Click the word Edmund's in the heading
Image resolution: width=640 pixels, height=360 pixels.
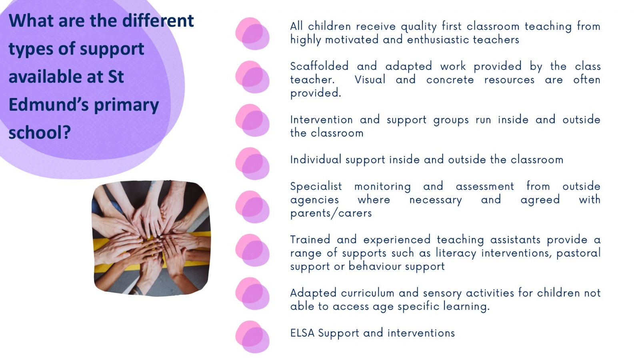[49, 104]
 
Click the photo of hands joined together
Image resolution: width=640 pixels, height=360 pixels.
[151, 238]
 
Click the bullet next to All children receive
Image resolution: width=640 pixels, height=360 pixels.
[252, 34]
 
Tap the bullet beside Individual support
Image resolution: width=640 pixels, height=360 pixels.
[252, 164]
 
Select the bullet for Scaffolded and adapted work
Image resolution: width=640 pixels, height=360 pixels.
[252, 77]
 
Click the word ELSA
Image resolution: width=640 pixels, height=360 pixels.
[302, 333]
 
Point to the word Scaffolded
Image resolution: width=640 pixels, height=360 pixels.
[320, 66]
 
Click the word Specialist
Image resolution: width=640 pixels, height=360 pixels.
[316, 186]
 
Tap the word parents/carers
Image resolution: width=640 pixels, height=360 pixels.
[331, 213]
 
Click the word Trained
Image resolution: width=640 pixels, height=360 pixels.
[310, 240]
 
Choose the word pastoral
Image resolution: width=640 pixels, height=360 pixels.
[578, 253]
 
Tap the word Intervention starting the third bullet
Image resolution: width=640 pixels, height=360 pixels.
[322, 120]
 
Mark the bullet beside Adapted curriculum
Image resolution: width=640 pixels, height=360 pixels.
[252, 294]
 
